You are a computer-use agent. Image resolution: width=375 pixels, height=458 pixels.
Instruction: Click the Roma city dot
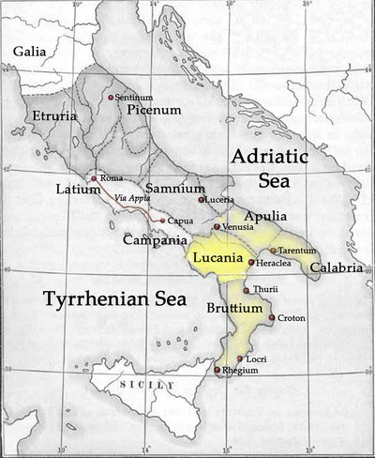tap(93, 178)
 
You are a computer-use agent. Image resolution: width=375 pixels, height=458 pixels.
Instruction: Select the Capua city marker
tap(162, 221)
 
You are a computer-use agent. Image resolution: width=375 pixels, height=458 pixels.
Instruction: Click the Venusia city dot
tap(217, 227)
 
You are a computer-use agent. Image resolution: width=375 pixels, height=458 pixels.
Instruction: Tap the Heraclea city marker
tap(250, 263)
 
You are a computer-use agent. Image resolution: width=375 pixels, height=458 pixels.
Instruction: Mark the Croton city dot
tap(272, 318)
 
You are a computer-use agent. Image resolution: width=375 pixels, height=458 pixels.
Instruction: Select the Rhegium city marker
tap(217, 370)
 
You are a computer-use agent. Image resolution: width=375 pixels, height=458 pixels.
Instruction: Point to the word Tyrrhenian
tap(77, 299)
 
